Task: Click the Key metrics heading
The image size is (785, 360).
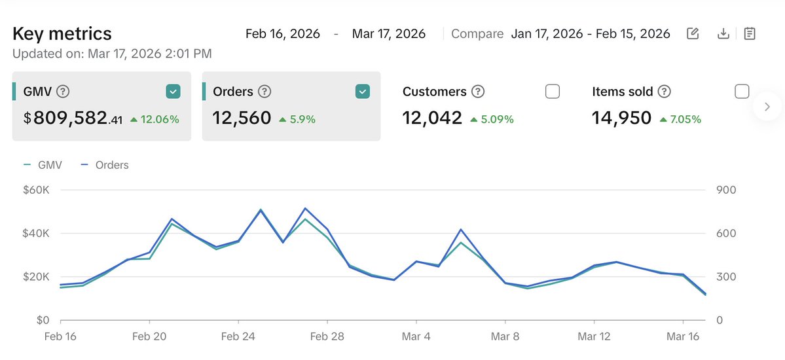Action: [x=62, y=33]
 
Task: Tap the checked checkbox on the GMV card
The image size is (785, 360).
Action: [x=172, y=92]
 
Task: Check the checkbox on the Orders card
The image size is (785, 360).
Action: [x=362, y=92]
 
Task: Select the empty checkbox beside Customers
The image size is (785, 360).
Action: [x=553, y=92]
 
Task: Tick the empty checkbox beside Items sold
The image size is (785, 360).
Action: [x=742, y=92]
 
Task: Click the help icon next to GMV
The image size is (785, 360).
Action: [x=63, y=92]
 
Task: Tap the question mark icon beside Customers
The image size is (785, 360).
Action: [x=479, y=92]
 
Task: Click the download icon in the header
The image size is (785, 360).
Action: [x=723, y=33]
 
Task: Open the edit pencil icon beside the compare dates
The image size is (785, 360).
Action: [x=693, y=33]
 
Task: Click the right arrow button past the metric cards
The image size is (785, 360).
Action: [x=767, y=106]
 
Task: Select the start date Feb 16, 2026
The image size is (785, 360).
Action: [x=282, y=33]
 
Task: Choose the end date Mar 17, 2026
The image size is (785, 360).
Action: [x=389, y=33]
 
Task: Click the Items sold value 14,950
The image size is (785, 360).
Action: [x=621, y=118]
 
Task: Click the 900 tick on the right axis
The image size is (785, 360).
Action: [x=727, y=190]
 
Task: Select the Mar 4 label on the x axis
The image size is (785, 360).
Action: [x=416, y=336]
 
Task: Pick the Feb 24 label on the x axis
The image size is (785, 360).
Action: [x=238, y=336]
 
